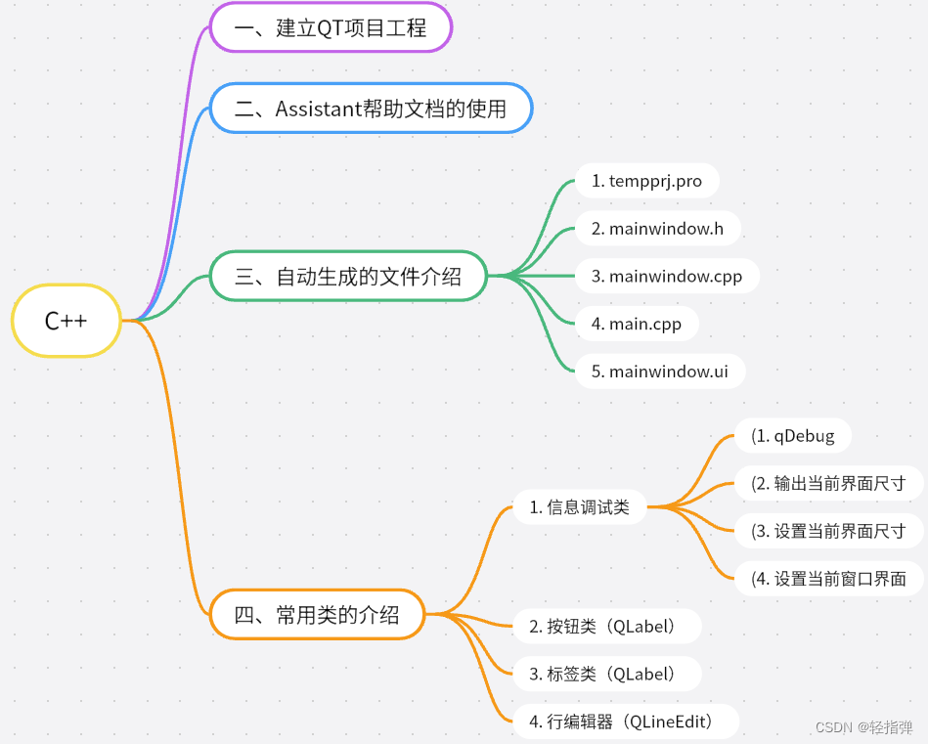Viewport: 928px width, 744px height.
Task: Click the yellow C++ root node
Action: pyautogui.click(x=66, y=321)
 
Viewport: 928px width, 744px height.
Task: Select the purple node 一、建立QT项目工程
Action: pyautogui.click(x=331, y=27)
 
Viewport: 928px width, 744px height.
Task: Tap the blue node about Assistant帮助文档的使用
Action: pyautogui.click(x=371, y=109)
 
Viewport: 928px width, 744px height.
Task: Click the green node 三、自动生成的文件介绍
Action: pyautogui.click(x=348, y=277)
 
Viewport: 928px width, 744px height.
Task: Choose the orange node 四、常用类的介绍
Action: pyautogui.click(x=318, y=615)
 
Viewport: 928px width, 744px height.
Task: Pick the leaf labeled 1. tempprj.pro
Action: pyautogui.click(x=647, y=181)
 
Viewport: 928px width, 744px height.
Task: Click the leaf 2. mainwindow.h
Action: pyautogui.click(x=657, y=229)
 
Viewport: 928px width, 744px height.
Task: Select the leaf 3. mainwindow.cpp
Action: pyautogui.click(x=666, y=277)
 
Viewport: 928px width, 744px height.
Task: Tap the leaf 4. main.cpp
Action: pyautogui.click(x=637, y=324)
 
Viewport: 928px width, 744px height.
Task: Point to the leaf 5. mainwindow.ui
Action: pyautogui.click(x=659, y=372)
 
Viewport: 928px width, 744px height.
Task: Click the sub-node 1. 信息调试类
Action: pyautogui.click(x=580, y=507)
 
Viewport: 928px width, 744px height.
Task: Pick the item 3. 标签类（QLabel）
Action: pyautogui.click(x=602, y=674)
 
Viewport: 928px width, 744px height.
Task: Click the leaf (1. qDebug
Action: pyautogui.click(x=793, y=436)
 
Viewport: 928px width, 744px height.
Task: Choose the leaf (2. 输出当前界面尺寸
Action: pyautogui.click(x=827, y=483)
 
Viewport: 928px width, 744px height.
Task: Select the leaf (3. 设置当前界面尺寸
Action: pyautogui.click(x=827, y=531)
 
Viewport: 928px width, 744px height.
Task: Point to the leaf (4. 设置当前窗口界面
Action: pyautogui.click(x=827, y=579)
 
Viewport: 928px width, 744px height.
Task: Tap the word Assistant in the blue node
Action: pyautogui.click(x=319, y=109)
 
